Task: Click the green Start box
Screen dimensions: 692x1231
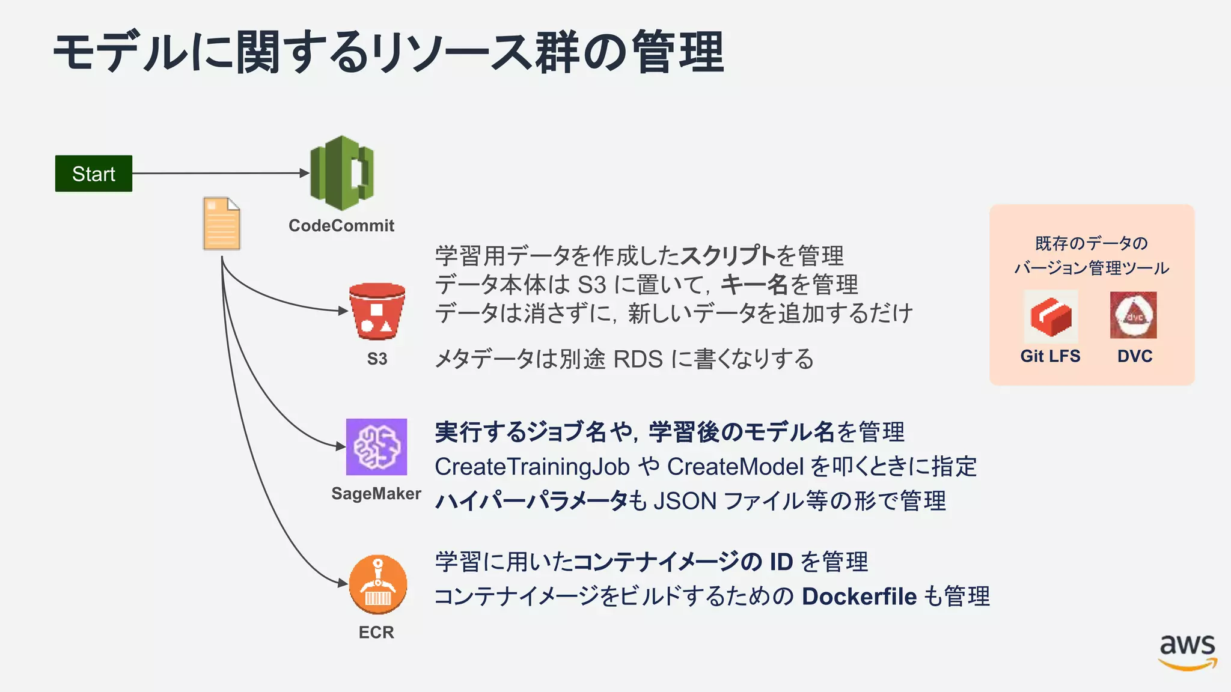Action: [x=94, y=174]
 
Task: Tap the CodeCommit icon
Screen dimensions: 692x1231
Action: [x=341, y=173]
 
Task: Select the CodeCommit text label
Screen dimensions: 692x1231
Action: [x=341, y=226]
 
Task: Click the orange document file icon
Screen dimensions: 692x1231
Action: [x=222, y=223]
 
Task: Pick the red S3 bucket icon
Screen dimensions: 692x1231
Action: [x=377, y=311]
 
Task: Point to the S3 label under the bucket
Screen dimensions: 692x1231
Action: [x=377, y=359]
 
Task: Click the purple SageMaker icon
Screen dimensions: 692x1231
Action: [x=376, y=447]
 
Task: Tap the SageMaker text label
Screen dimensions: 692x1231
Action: [x=376, y=494]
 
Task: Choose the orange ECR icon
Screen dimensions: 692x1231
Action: [x=377, y=584]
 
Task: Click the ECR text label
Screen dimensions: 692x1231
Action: [x=376, y=633]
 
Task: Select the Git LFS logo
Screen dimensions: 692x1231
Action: [x=1051, y=317]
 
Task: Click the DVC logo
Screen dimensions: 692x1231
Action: [x=1134, y=315]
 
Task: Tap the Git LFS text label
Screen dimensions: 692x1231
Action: [x=1050, y=356]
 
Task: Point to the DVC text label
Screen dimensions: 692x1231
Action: [x=1135, y=356]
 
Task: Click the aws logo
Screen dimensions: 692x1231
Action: [x=1187, y=652]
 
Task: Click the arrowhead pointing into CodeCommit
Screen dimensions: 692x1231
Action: [x=304, y=173]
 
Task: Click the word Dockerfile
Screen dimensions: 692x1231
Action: [x=859, y=596]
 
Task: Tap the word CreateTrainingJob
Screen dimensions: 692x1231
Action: [x=532, y=467]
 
